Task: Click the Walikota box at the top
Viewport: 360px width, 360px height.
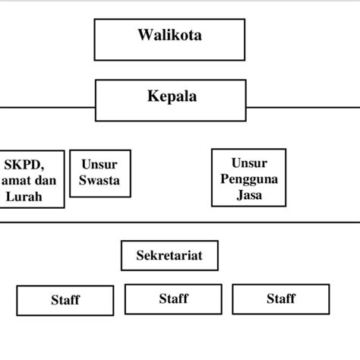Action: click(169, 39)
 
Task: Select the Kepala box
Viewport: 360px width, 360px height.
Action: click(171, 101)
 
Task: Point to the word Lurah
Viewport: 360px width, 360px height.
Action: click(24, 197)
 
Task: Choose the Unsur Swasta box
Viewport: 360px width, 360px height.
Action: click(99, 173)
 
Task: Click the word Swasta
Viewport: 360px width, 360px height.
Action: click(99, 181)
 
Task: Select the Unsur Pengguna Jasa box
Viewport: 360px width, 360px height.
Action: click(248, 178)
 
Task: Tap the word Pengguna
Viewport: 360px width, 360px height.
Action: click(248, 178)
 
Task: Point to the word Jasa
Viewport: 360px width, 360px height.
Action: click(248, 194)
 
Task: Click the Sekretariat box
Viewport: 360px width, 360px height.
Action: click(169, 255)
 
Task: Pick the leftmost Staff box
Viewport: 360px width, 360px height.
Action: click(65, 300)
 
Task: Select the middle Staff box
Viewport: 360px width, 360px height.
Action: click(173, 298)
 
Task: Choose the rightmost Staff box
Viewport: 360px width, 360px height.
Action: click(280, 298)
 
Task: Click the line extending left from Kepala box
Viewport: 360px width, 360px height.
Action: click(46, 107)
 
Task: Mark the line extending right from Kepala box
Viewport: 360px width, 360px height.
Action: click(304, 107)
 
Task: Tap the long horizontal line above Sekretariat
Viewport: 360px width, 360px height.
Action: click(180, 222)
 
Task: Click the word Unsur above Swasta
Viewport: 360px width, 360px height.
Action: click(99, 165)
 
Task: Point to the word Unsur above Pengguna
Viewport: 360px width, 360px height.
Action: click(248, 163)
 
